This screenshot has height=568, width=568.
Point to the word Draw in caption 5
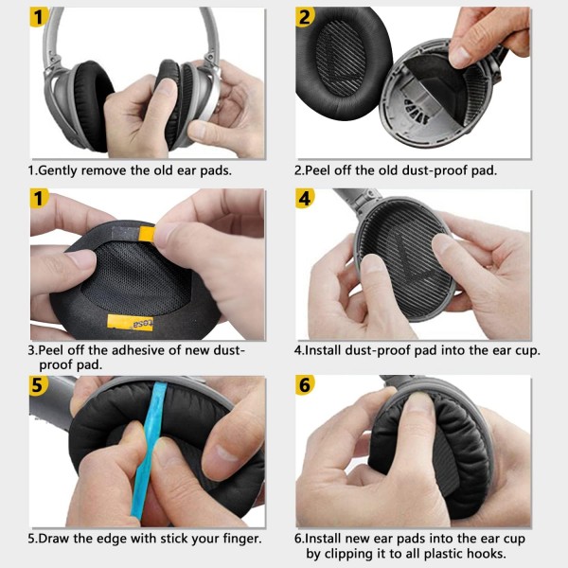(58, 539)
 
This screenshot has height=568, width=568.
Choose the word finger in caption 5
(239, 539)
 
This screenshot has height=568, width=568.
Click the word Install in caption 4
(327, 349)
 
